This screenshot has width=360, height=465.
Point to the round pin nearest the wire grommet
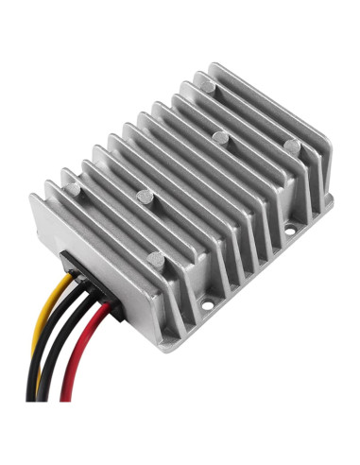[145, 198]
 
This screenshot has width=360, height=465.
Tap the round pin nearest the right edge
[292, 146]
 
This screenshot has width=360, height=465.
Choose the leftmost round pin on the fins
[145, 198]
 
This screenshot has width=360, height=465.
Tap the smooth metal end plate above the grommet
[66, 227]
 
